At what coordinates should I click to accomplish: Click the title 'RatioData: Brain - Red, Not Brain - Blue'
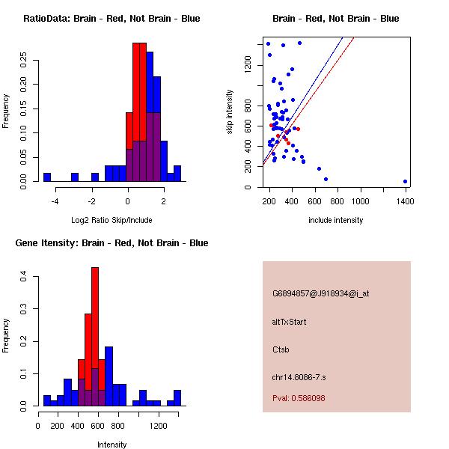tap(112, 19)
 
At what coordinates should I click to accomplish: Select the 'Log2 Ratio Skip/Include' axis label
tap(112, 221)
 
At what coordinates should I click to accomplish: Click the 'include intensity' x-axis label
tap(335, 221)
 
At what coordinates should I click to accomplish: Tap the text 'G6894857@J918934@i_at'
tap(320, 293)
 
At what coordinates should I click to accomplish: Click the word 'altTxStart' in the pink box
tap(289, 322)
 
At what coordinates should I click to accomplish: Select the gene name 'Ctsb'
tap(281, 349)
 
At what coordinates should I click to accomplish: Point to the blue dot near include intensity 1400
tap(405, 181)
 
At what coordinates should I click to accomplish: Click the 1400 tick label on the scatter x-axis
tap(405, 201)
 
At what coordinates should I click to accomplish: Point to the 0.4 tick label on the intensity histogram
tap(25, 277)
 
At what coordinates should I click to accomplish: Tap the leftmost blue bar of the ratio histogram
tap(46, 177)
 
